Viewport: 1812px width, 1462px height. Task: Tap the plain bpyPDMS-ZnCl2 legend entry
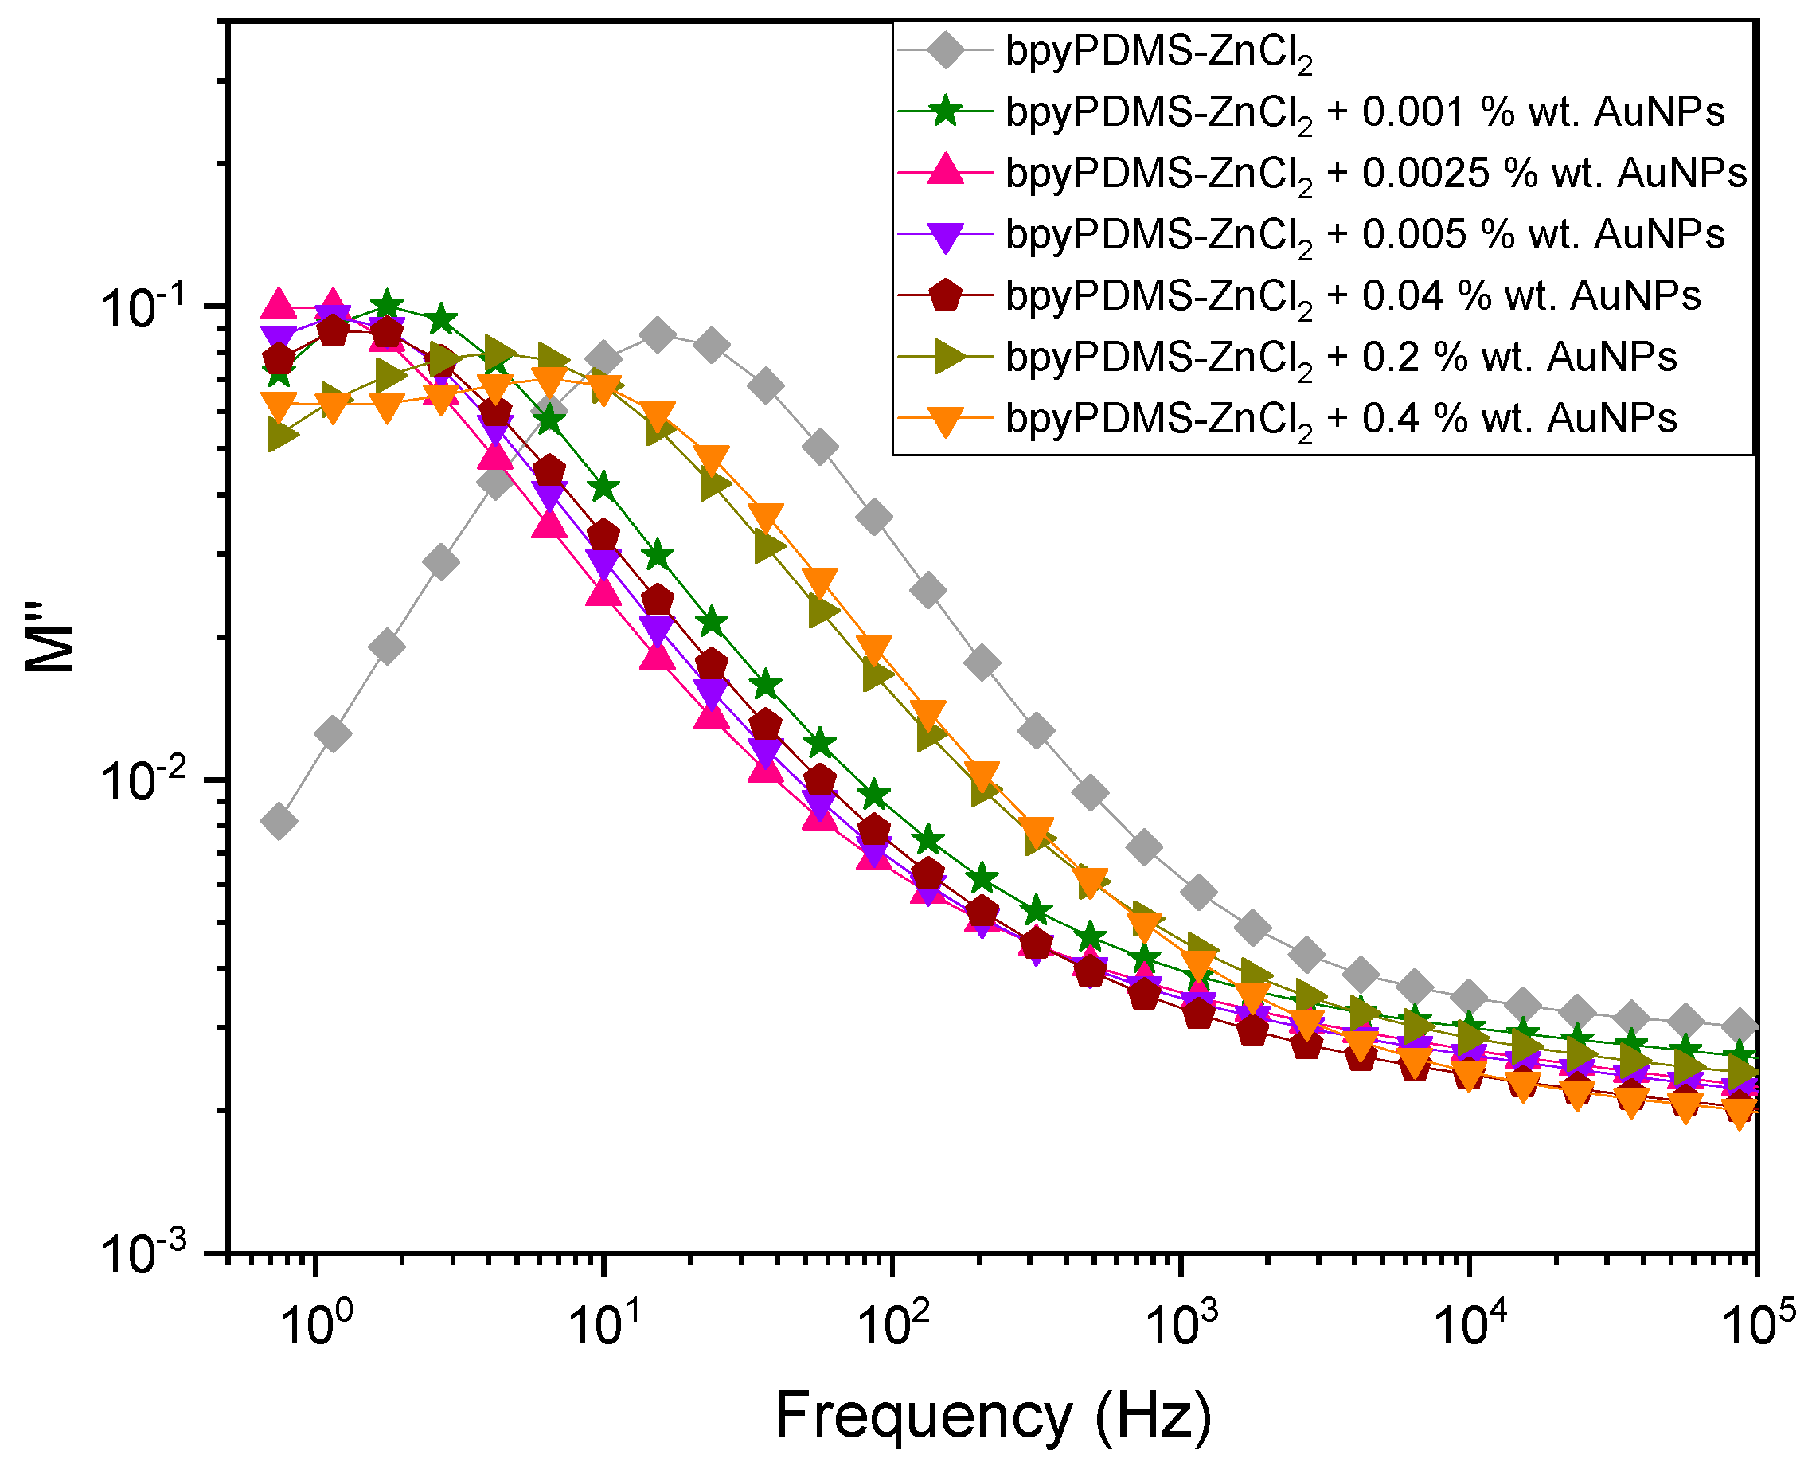click(1158, 53)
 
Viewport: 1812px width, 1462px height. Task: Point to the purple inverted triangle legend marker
click(945, 235)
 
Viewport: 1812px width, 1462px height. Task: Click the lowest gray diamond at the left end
click(279, 821)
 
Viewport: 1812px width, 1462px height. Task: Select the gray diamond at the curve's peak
click(658, 334)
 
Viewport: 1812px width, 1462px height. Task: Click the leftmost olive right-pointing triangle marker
click(280, 436)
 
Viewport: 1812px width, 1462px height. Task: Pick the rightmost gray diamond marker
click(1740, 1026)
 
